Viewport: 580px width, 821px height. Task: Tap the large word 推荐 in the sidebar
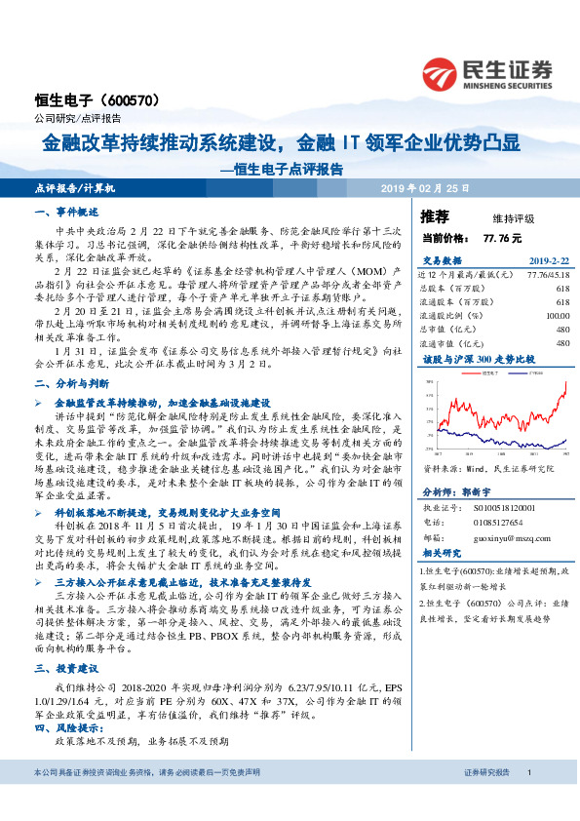pos(434,216)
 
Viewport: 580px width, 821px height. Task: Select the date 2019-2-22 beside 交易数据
pos(548,260)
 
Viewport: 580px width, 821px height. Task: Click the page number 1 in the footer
pos(528,800)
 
